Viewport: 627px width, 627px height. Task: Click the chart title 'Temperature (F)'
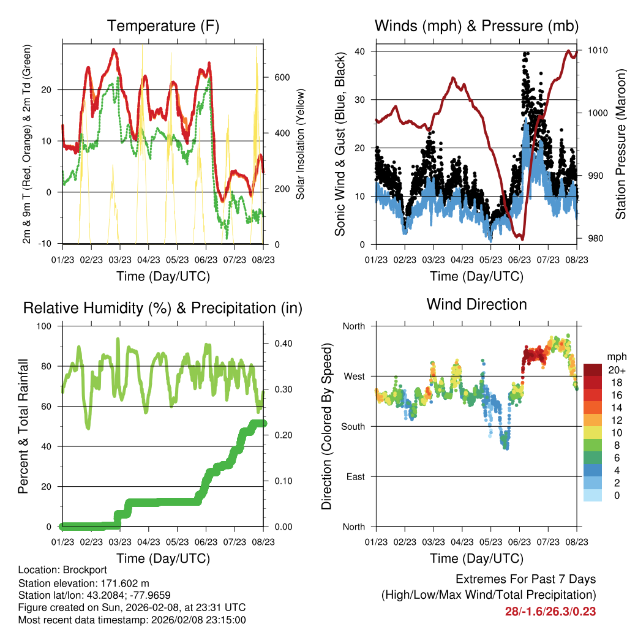(x=162, y=26)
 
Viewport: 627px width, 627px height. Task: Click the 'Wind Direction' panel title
(x=476, y=304)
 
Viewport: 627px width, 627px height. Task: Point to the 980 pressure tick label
(x=595, y=239)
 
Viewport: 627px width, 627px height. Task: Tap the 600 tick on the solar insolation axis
(x=282, y=78)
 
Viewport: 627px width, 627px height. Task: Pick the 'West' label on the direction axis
(x=353, y=376)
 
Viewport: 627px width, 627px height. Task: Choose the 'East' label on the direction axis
(x=355, y=476)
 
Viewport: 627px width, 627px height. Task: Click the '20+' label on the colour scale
(x=616, y=370)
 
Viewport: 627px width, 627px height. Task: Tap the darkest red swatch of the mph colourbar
(x=593, y=370)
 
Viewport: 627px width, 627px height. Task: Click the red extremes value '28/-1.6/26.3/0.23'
(x=550, y=611)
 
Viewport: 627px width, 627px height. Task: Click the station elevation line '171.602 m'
(x=84, y=583)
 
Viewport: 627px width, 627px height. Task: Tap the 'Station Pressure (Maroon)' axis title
(x=620, y=145)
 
